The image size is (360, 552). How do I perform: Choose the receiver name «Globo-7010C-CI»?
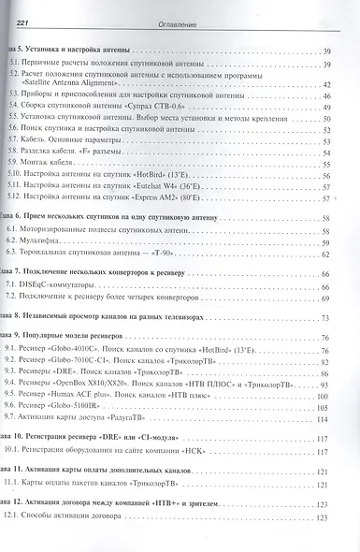pyautogui.click(x=100, y=359)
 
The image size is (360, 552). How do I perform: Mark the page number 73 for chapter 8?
pyautogui.click(x=328, y=317)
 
